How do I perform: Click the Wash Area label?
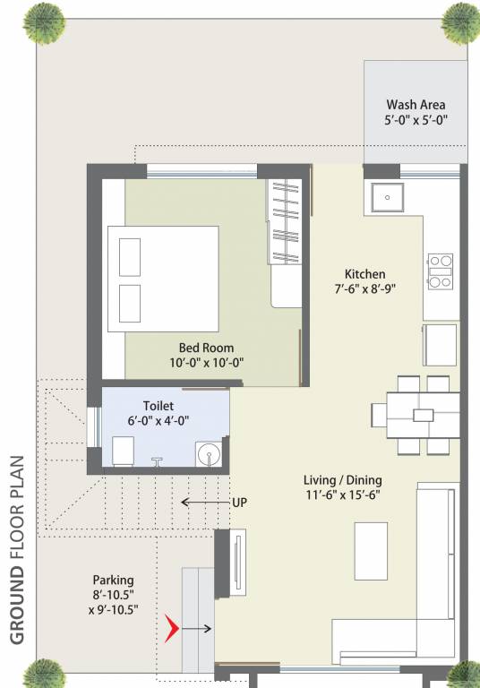point(416,104)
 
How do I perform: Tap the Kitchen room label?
point(365,274)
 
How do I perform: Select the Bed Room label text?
point(206,348)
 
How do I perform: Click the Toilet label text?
point(159,405)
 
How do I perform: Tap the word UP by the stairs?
point(239,503)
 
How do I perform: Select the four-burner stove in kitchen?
point(441,271)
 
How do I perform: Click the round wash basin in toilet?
point(210,454)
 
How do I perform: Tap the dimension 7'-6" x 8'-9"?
point(365,289)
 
